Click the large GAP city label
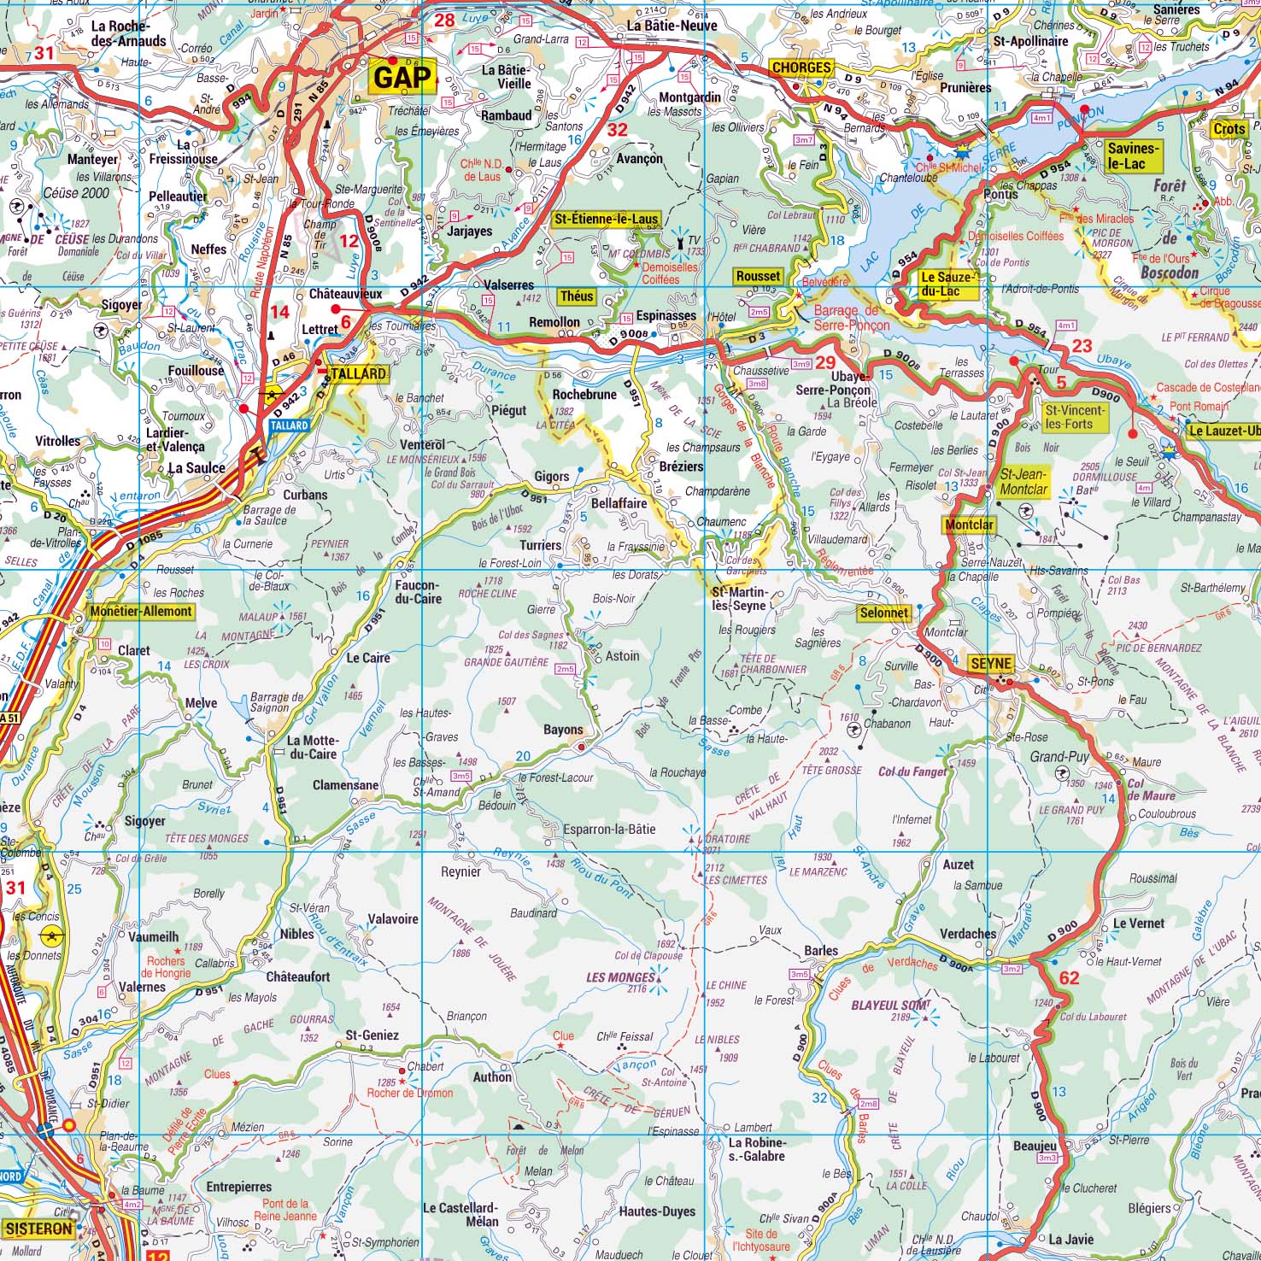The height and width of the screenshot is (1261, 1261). pyautogui.click(x=404, y=78)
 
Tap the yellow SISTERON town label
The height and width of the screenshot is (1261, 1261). pyautogui.click(x=38, y=1229)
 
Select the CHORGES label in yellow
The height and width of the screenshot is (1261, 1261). pyautogui.click(x=801, y=67)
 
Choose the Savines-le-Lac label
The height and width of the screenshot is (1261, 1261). pyautogui.click(x=1133, y=155)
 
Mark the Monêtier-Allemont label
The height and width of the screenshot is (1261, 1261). pyautogui.click(x=142, y=612)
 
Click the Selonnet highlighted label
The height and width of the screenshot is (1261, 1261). pyautogui.click(x=884, y=613)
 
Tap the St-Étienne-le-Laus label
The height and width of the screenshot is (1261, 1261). pyautogui.click(x=607, y=219)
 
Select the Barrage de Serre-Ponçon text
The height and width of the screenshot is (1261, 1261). pyautogui.click(x=851, y=318)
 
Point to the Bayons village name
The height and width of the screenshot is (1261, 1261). pyautogui.click(x=563, y=730)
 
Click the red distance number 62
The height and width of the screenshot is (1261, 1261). pyautogui.click(x=1069, y=978)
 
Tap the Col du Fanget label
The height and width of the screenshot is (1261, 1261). pyautogui.click(x=912, y=771)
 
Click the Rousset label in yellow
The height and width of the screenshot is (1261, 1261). pyautogui.click(x=759, y=276)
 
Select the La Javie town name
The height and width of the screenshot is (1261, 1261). pyautogui.click(x=1070, y=1240)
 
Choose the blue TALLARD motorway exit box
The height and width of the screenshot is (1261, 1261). pyautogui.click(x=290, y=425)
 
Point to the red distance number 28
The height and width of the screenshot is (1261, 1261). pyautogui.click(x=443, y=19)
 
